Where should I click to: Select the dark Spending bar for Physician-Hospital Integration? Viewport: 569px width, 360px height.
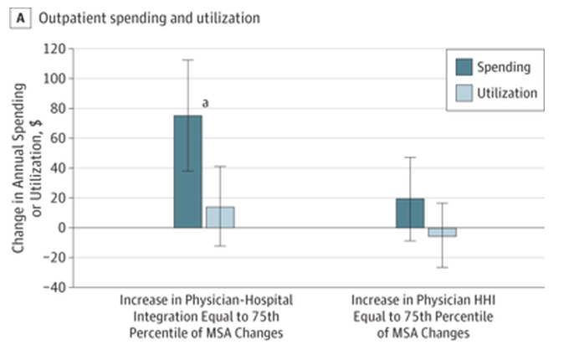coord(187,172)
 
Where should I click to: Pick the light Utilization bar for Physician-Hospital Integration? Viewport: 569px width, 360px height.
coord(220,217)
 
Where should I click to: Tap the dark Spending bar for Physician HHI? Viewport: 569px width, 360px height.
coord(410,213)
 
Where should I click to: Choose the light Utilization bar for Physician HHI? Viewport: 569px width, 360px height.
coord(443,232)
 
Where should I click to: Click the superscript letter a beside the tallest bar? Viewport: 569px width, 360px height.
coord(205,104)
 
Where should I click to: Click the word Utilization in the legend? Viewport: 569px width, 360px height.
coord(506,93)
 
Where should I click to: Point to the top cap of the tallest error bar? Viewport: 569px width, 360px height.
coord(187,59)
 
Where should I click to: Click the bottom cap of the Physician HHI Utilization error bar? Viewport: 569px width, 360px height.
coord(443,267)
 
